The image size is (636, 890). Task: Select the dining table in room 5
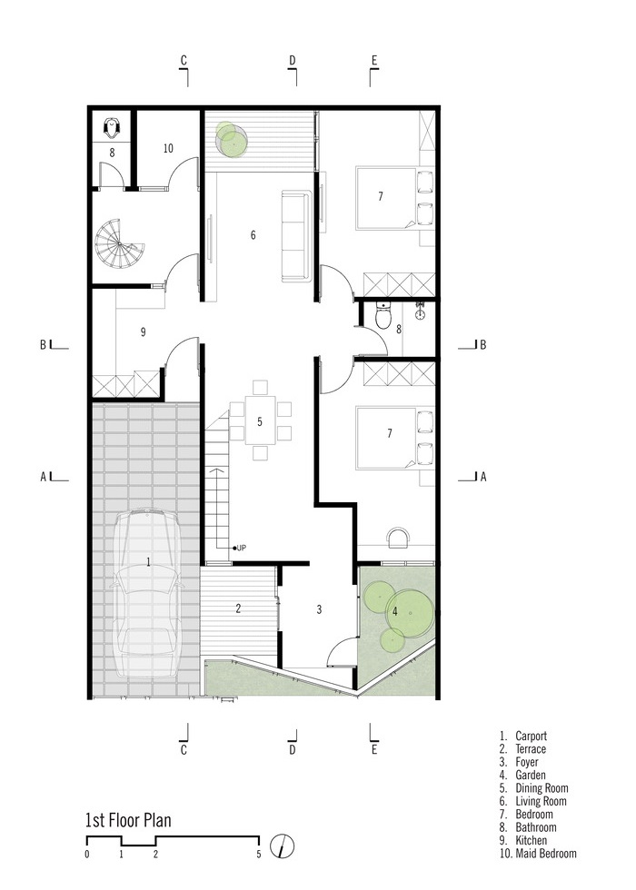(x=260, y=420)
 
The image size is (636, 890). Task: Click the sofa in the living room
(x=296, y=236)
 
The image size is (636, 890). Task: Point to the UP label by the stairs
(x=242, y=548)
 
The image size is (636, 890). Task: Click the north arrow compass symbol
(x=283, y=846)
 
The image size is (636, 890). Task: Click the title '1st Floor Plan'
(x=128, y=820)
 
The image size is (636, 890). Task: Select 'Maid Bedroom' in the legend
(x=546, y=853)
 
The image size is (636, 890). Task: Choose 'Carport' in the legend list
(x=531, y=736)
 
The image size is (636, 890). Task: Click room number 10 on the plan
(x=168, y=148)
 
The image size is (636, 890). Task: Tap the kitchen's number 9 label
(x=144, y=331)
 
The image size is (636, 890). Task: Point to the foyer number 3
(x=319, y=609)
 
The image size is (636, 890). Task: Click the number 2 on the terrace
(x=238, y=608)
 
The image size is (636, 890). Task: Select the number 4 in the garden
(x=394, y=611)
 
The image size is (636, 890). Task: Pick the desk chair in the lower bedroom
(x=398, y=537)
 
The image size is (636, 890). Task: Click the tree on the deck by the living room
(x=230, y=139)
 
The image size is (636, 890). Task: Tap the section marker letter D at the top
(x=292, y=60)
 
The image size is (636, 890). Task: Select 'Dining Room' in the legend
(x=542, y=788)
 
